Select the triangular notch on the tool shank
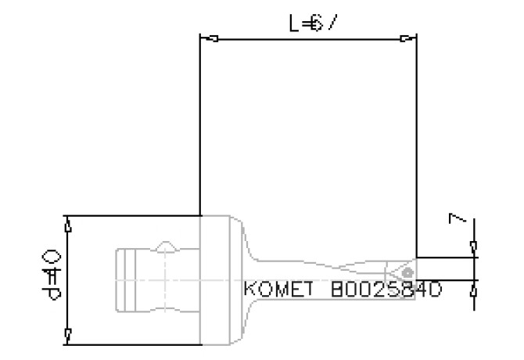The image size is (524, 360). (x=166, y=246)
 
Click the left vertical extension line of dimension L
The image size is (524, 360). (x=201, y=125)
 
